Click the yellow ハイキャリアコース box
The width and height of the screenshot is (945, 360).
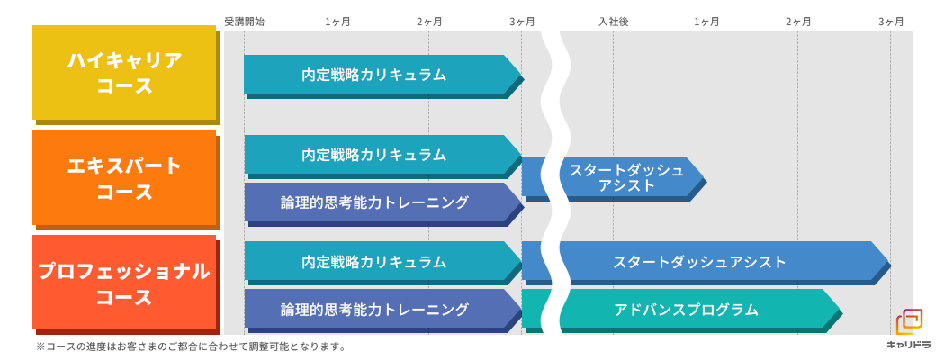tap(124, 72)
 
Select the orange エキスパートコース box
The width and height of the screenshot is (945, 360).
tap(124, 177)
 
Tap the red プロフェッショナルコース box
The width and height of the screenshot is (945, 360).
tap(124, 282)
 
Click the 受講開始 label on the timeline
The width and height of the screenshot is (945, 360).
tap(244, 22)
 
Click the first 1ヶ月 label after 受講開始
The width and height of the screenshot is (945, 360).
tap(337, 22)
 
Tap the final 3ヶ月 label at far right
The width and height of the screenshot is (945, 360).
tap(891, 22)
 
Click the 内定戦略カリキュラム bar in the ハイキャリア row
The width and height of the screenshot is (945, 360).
tap(374, 74)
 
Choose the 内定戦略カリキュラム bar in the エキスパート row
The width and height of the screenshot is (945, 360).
tap(374, 154)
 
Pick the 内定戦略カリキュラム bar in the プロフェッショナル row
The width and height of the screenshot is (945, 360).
tap(374, 261)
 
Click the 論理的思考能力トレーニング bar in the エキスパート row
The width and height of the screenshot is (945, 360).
tap(374, 202)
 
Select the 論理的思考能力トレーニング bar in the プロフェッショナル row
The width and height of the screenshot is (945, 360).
tap(374, 309)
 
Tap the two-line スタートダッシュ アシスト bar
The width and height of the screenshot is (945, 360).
tap(626, 177)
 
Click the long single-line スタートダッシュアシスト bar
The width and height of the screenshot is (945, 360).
tap(700, 261)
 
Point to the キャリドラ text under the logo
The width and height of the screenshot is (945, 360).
tap(909, 345)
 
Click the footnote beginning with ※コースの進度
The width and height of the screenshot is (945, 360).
tap(191, 346)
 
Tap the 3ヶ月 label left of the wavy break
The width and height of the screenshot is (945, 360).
tap(522, 22)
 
